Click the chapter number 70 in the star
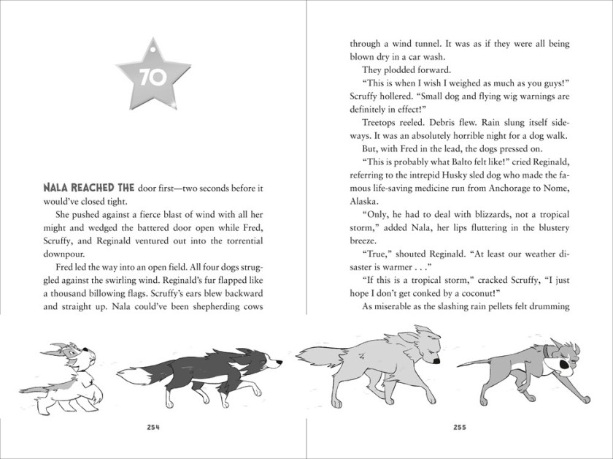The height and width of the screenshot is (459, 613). pos(153,77)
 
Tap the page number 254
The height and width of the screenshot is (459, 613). pos(153,427)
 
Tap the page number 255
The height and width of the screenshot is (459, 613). pos(460,427)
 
